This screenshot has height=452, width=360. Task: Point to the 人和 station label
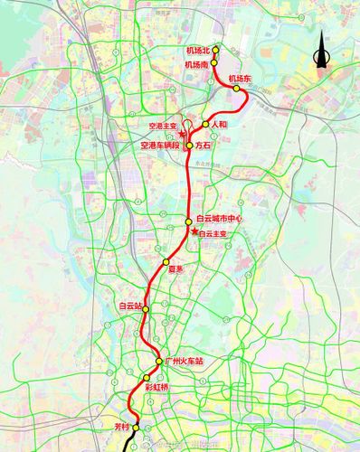[x=220, y=124]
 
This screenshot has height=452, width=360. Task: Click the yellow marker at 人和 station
[x=206, y=124]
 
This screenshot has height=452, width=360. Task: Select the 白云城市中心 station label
[x=220, y=220]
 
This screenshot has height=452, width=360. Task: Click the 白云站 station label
[x=130, y=306]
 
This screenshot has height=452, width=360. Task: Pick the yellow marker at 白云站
[x=144, y=307]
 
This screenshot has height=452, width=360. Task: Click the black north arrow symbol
[x=319, y=56]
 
